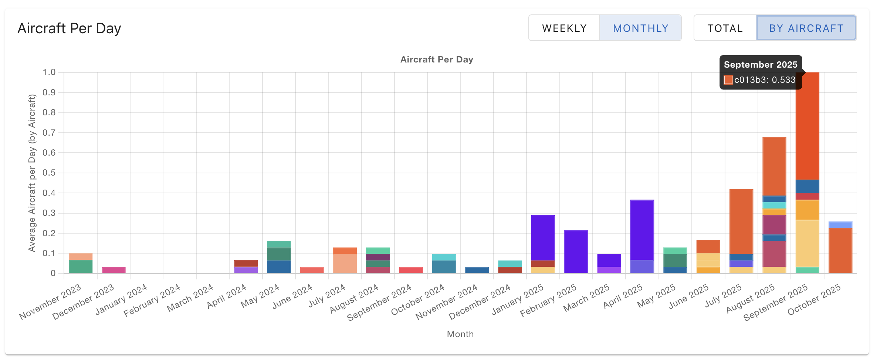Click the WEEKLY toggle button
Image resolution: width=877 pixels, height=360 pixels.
click(x=564, y=28)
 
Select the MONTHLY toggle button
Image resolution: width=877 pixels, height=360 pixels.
click(x=640, y=28)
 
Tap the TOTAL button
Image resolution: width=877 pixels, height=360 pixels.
click(x=725, y=28)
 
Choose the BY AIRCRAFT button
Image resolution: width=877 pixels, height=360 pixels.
click(x=806, y=28)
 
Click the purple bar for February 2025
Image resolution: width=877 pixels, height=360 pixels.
click(x=576, y=252)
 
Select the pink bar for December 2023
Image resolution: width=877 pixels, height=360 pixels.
click(x=114, y=270)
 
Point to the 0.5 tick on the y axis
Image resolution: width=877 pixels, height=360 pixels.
click(x=49, y=173)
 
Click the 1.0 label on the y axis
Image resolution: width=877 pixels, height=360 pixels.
click(x=49, y=72)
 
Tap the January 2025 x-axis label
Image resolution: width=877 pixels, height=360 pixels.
click(x=518, y=299)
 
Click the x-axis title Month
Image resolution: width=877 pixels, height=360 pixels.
click(x=460, y=334)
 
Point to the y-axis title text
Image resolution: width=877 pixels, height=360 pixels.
click(x=32, y=173)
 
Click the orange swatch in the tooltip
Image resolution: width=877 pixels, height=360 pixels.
click(x=728, y=80)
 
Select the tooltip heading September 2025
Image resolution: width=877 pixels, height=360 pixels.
click(x=760, y=65)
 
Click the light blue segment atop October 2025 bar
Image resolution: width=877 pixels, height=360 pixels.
click(x=840, y=225)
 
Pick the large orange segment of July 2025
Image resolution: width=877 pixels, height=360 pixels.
click(x=741, y=221)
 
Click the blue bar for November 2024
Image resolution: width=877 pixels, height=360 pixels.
click(x=477, y=270)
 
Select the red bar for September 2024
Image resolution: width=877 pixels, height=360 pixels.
click(x=411, y=270)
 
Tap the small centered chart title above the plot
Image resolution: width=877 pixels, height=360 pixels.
click(x=437, y=60)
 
